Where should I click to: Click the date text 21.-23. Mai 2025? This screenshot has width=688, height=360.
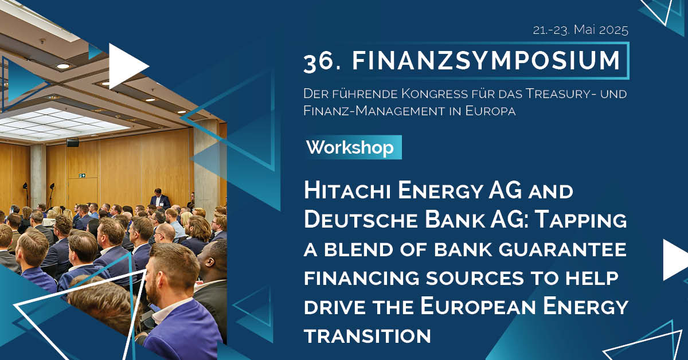[580, 30]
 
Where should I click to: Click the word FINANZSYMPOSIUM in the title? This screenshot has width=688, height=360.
[486, 61]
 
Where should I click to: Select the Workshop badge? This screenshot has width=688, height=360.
[353, 147]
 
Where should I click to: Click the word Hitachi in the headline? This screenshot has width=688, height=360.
[347, 190]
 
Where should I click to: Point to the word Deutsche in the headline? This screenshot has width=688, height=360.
[361, 220]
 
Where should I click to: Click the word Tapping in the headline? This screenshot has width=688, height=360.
[580, 220]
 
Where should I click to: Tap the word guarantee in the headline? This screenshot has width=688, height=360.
[562, 249]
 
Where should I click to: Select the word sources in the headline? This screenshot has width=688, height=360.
[475, 277]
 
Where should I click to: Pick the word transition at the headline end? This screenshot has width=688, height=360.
[368, 336]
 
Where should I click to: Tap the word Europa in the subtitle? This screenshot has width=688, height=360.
[490, 111]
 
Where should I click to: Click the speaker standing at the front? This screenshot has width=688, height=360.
[160, 199]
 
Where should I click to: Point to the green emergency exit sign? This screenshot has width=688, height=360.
[82, 175]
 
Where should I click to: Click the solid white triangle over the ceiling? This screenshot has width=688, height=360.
[126, 66]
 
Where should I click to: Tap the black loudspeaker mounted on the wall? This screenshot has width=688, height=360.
[72, 142]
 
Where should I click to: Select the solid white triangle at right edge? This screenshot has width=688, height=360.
[675, 260]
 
